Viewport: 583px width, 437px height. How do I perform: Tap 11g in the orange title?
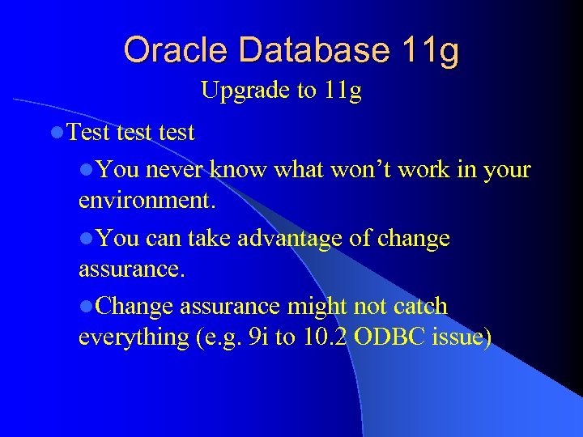click(x=429, y=50)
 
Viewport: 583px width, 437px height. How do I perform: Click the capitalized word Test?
click(x=89, y=132)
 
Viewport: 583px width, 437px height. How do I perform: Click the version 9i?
click(x=259, y=337)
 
